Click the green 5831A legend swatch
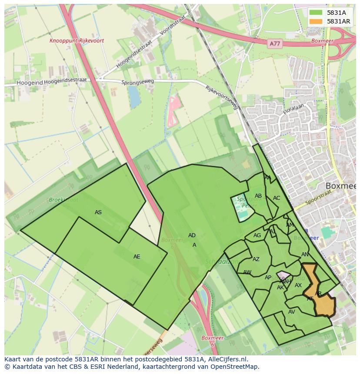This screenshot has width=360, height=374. (x=316, y=12)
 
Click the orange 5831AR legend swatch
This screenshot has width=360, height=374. (x=316, y=21)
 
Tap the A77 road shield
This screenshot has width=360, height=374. (x=274, y=43)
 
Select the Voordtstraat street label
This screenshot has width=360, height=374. (x=173, y=24)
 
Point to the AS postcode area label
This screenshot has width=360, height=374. (x=98, y=212)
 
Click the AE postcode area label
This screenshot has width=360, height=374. (x=137, y=257)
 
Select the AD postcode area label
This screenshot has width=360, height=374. (x=192, y=235)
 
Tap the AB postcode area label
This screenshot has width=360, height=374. (x=258, y=196)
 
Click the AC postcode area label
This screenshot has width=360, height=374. (x=277, y=198)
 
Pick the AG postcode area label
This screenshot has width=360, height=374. (x=257, y=236)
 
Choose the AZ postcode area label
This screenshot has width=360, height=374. (x=256, y=259)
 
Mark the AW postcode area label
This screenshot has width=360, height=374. (x=247, y=272)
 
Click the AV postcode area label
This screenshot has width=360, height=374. (x=291, y=312)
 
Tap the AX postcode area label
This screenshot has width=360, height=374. (x=298, y=285)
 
